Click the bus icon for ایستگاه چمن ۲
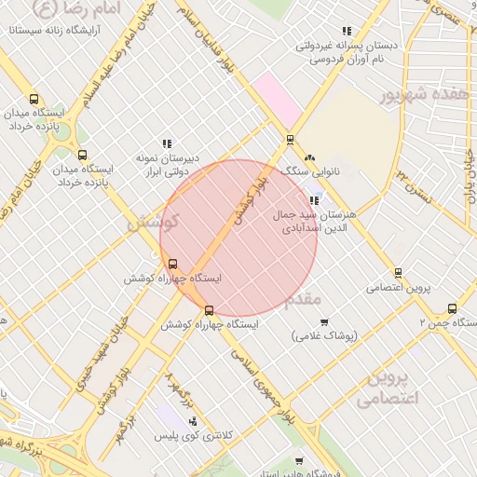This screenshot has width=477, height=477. (453, 308)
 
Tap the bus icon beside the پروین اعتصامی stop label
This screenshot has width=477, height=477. (399, 273)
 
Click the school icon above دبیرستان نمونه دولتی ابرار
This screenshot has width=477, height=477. (167, 143)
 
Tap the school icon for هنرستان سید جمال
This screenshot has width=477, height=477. (314, 200)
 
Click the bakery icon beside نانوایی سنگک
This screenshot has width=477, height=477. (309, 157)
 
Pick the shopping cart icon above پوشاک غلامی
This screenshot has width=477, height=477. (324, 322)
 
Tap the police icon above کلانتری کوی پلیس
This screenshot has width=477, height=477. (193, 421)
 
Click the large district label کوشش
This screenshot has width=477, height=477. (146, 224)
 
